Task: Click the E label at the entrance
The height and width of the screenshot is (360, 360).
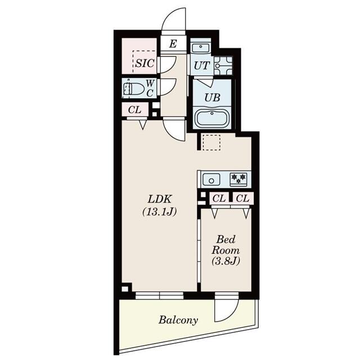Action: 173,44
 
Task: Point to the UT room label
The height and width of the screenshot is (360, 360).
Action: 201,66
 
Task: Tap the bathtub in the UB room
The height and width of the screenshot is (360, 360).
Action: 211,119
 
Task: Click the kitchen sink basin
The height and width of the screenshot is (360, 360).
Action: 212,179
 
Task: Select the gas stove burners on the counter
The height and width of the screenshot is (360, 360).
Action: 238,179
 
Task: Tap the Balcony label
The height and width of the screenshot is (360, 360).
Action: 178,320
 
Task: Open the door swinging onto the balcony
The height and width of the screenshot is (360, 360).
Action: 227,308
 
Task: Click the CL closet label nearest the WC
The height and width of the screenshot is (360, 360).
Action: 134,110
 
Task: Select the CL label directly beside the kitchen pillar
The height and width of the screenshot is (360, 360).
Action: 219,198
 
